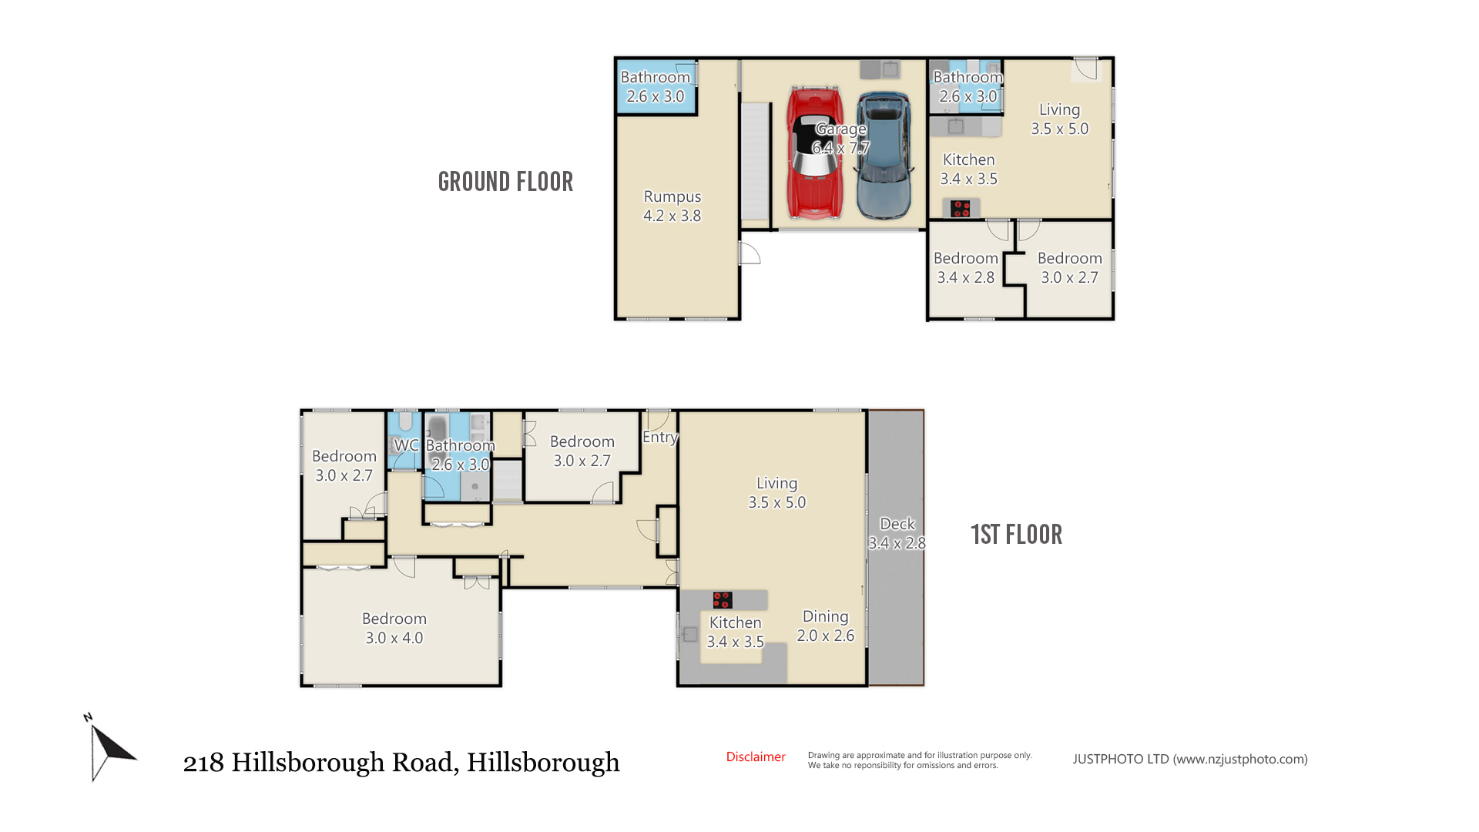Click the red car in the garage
815,153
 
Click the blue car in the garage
884,156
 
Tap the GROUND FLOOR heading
505,182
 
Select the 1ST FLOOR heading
1016,535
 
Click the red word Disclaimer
756,757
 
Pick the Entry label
660,438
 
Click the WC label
406,445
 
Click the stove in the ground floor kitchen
961,208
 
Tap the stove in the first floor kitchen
722,599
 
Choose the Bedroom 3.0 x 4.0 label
394,629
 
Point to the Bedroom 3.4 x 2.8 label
966,268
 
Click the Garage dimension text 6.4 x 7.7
840,148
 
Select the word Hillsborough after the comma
543,763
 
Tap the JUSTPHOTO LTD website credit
1190,760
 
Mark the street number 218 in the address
203,763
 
